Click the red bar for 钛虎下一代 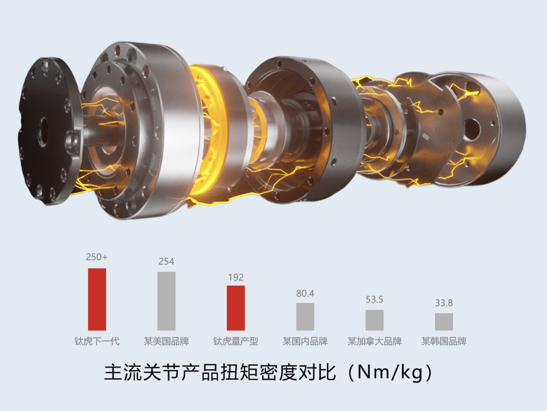(x=97, y=299)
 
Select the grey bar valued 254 (x=166, y=301)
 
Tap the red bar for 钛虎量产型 (x=236, y=308)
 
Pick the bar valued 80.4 (x=305, y=316)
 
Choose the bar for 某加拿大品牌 (x=375, y=320)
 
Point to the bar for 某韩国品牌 (x=444, y=322)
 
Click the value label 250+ (x=97, y=257)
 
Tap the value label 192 (x=236, y=277)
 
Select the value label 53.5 (x=375, y=300)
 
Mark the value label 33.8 (x=444, y=303)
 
